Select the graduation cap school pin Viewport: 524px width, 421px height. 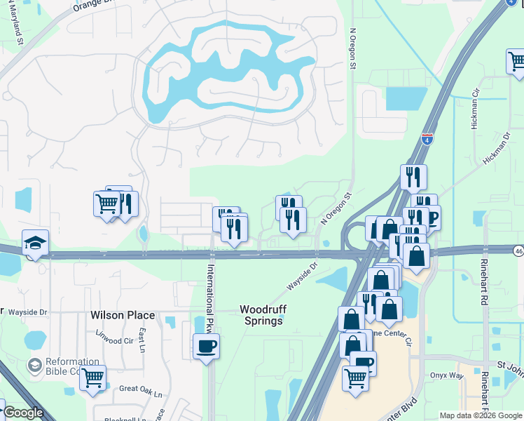point(35,242)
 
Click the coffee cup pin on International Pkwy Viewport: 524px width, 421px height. point(206,346)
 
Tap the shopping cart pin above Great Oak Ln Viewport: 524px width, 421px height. point(92,378)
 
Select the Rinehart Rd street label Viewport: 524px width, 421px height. point(483,281)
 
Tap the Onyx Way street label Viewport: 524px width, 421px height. point(447,375)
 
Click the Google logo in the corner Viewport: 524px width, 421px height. point(23,413)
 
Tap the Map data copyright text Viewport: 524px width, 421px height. point(481,415)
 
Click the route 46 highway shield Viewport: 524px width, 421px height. point(518,250)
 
